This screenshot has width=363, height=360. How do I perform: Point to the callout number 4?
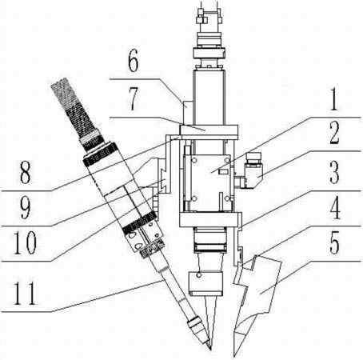point(335,209)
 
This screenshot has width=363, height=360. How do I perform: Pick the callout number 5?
point(335,242)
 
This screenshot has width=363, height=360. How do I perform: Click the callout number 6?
point(133,62)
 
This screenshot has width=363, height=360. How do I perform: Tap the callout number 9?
point(25,209)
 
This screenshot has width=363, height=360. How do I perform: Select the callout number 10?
point(25,242)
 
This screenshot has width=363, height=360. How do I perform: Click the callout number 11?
point(25,294)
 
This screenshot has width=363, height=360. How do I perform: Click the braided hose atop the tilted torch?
point(75,110)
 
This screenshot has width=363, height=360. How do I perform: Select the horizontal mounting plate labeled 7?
point(209,130)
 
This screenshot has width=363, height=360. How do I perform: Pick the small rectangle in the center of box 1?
point(222,172)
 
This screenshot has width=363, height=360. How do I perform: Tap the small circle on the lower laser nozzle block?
point(198,274)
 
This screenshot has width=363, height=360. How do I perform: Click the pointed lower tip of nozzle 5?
point(234,356)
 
